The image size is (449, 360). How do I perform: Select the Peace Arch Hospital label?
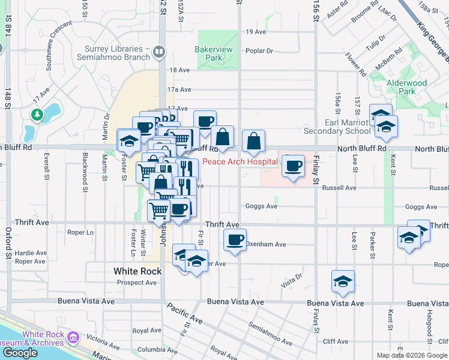(240, 161)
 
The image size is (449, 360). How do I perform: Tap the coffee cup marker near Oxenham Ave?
(235, 241)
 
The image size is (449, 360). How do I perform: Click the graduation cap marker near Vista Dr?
(343, 281)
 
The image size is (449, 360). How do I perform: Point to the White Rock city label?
(137, 271)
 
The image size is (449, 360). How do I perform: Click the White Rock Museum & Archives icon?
(73, 338)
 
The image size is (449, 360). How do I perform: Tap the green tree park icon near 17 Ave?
(38, 113)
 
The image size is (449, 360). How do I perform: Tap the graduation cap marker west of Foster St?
(128, 140)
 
